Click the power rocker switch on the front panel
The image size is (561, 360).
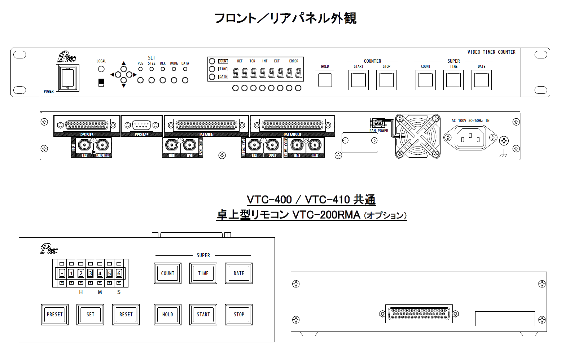pos(67,78)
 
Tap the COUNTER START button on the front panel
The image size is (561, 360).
pos(358,80)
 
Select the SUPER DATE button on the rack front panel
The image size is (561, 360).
pos(481,80)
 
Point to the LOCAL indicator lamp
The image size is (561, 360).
pos(101,69)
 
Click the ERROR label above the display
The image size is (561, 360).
pos(294,61)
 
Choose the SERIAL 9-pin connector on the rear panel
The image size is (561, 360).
pos(141,125)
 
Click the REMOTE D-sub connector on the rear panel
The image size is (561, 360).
pos(87,125)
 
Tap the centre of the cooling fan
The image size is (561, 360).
pos(418,136)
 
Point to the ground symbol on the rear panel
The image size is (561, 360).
pos(503,155)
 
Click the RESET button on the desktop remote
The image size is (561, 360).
pos(126,315)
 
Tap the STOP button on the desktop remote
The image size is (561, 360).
pos(239,315)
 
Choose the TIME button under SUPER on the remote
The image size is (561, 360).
pos(203,273)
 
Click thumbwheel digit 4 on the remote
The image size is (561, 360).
pos(100,273)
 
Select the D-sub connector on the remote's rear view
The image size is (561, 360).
pos(419,314)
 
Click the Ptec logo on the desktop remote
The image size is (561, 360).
pos(49,249)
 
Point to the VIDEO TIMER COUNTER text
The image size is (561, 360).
pos(491,52)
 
